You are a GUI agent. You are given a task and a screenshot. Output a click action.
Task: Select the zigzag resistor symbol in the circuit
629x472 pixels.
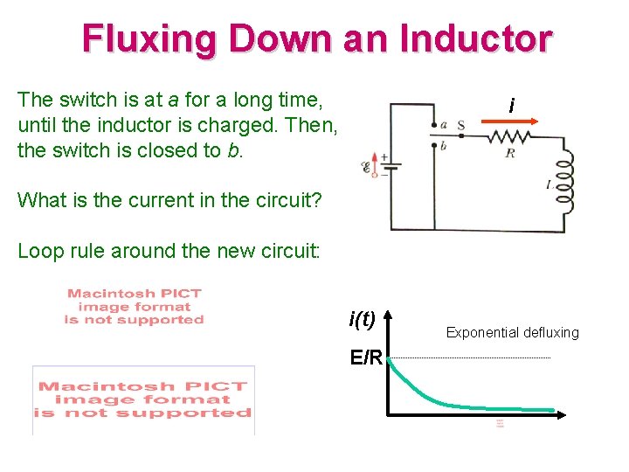(x=509, y=136)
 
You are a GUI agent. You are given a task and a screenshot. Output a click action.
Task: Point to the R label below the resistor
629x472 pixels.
(x=509, y=153)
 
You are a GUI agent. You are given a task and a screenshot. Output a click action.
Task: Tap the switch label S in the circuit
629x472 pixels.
(x=460, y=126)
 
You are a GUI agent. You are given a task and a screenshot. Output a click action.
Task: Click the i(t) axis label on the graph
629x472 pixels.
(x=362, y=320)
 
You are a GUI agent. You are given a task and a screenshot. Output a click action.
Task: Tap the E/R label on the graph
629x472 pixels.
(x=365, y=357)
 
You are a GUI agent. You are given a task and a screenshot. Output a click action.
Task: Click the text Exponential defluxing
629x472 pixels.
(x=512, y=332)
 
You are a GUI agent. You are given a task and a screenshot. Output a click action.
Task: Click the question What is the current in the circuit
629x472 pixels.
(x=169, y=200)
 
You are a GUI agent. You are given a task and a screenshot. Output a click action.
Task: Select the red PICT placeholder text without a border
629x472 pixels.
(x=134, y=307)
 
